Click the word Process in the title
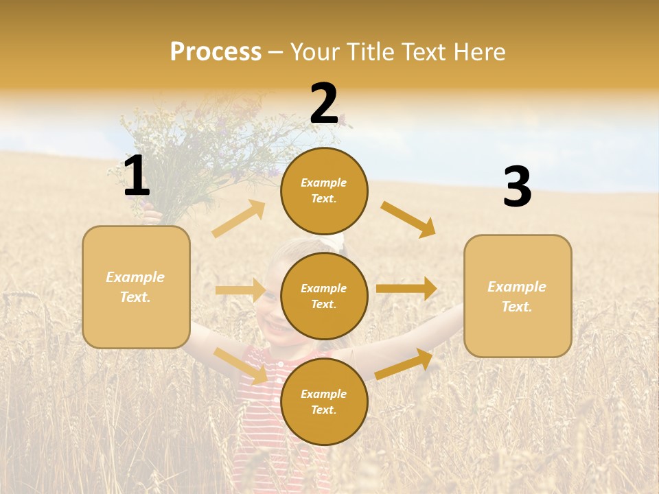216,52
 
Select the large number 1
137,176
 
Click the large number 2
324,104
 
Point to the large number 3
517,187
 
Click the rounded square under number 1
136,287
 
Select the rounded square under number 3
518,296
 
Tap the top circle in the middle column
324,191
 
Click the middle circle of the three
324,296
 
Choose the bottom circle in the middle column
324,401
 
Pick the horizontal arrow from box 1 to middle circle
240,290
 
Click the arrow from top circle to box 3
408,219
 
